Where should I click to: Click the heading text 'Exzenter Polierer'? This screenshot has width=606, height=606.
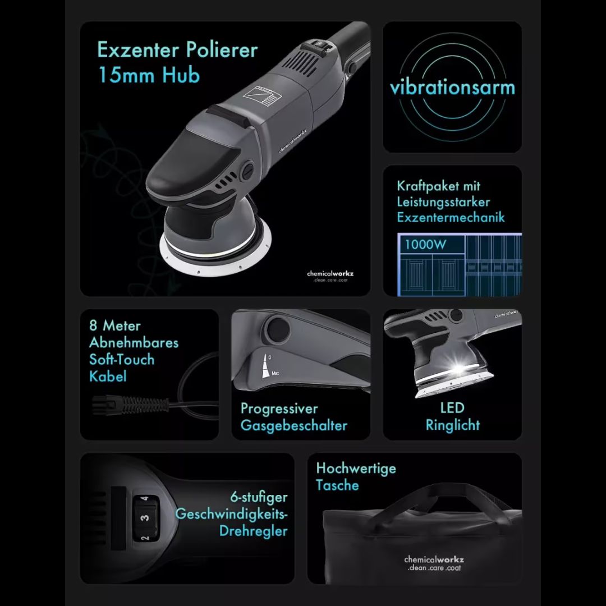pos(177,50)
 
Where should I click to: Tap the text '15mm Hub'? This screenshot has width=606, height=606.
pos(149,75)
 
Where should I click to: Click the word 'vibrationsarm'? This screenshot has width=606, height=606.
pos(452,88)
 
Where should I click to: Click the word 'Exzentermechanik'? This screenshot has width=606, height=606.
pos(451,217)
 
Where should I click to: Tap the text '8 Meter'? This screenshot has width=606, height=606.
pos(115,325)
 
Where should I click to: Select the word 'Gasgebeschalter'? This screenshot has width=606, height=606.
pos(293,425)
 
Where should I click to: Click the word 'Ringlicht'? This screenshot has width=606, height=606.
pos(452,425)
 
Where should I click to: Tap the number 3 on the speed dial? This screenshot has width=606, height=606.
pos(145,517)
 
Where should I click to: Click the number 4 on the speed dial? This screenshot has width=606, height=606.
pos(145,498)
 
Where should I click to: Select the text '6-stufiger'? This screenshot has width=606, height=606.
pos(259,497)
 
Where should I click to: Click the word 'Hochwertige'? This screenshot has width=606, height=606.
pos(356,468)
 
